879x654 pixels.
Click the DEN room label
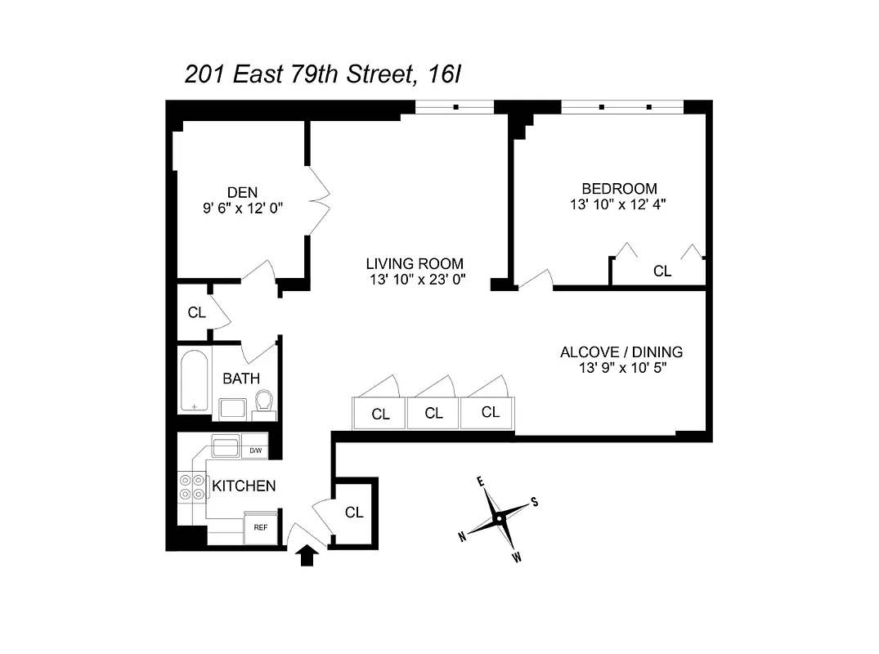click(242, 192)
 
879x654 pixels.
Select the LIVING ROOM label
click(415, 264)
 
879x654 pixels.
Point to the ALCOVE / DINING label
click(621, 352)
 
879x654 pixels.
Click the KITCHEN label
click(244, 486)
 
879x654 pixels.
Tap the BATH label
click(241, 379)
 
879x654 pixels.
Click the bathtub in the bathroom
click(195, 381)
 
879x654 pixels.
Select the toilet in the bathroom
click(263, 401)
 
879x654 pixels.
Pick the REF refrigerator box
click(260, 528)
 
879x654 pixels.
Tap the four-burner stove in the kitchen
click(192, 488)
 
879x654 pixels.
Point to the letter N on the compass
click(462, 536)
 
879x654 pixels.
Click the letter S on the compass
click(534, 501)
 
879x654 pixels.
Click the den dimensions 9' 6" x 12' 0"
click(242, 208)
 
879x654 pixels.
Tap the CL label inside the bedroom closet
click(661, 271)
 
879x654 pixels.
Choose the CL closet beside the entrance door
click(354, 513)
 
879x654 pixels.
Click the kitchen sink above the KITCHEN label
click(224, 447)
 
